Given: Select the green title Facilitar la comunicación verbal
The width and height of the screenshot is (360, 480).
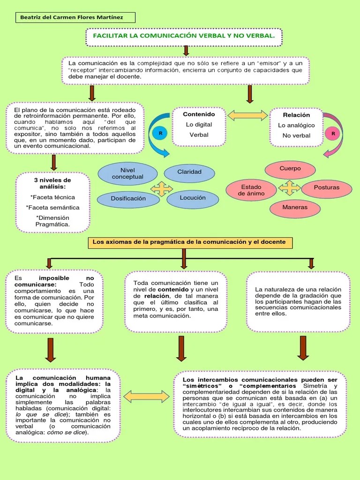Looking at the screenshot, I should click(184, 36).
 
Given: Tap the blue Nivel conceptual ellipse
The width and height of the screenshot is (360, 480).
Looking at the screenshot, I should click(127, 173).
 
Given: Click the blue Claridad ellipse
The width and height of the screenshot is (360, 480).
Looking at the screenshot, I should click(189, 172).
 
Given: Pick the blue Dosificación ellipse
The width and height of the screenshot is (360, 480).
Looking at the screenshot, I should click(128, 198).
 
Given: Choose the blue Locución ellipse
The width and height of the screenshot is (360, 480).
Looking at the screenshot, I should click(193, 198).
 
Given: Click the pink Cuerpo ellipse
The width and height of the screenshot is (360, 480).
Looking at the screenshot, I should click(290, 169).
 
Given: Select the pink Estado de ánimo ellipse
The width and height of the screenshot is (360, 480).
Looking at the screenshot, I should click(251, 190).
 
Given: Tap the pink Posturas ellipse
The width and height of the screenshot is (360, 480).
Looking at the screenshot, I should click(327, 187).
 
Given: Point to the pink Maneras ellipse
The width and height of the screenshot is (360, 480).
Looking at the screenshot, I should click(295, 207).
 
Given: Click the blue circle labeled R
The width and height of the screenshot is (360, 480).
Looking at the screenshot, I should click(160, 133).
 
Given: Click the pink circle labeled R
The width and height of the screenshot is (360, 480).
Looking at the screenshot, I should click(333, 134).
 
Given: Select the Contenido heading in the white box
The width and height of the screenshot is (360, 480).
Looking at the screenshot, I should click(199, 114).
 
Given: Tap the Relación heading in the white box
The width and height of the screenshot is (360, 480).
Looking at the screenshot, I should click(296, 115).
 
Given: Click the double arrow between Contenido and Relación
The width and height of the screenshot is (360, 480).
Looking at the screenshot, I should click(247, 115).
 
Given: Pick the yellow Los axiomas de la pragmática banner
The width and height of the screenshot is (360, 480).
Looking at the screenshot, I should click(189, 242).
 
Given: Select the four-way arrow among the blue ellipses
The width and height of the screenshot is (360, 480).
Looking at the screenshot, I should click(161, 188).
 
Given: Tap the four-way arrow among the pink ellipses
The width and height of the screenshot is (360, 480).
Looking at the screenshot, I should click(289, 188).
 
